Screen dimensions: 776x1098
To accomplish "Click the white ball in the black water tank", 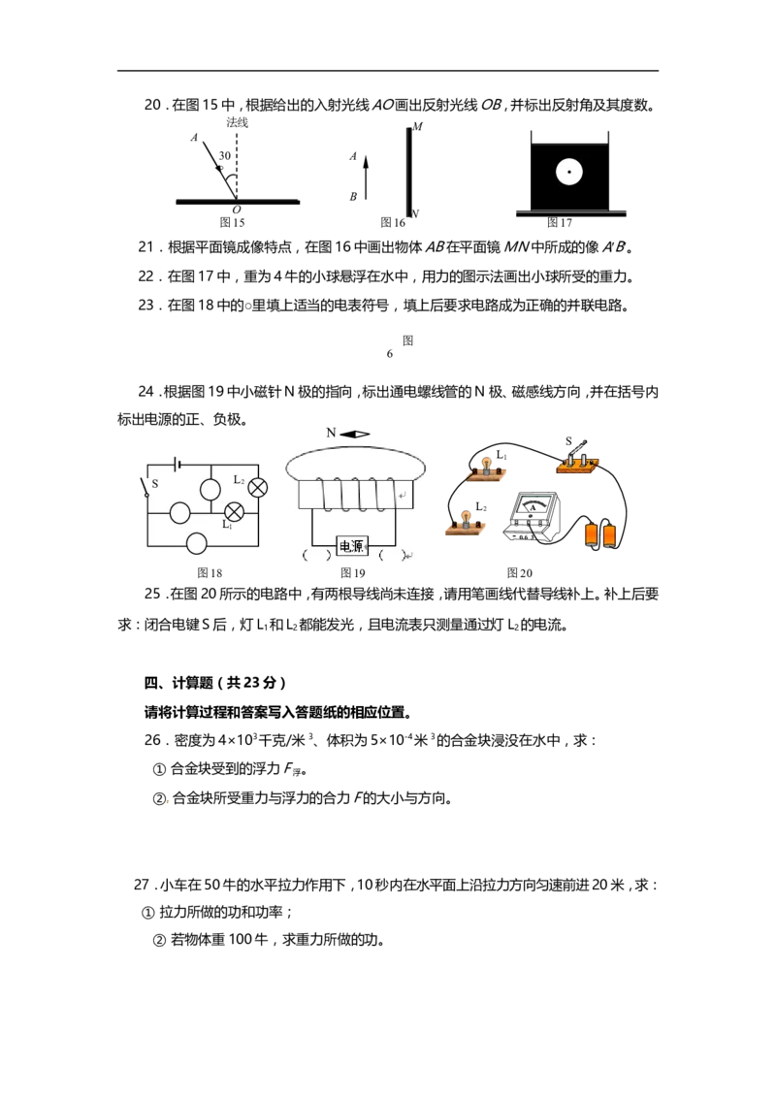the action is (568, 172).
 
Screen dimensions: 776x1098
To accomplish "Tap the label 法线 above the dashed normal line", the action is (237, 123).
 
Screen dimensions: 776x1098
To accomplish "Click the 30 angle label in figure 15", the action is (224, 155).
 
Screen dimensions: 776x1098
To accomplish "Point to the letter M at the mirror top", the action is (417, 127).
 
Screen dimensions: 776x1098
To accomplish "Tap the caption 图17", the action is (559, 223).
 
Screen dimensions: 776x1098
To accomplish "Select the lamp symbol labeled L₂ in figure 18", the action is (258, 488).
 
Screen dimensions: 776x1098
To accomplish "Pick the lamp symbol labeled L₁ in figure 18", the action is (234, 512).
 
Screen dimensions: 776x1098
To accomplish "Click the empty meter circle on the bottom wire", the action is (197, 543).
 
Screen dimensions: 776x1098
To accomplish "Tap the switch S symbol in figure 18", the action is (147, 486).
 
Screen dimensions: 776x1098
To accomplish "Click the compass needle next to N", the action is (355, 435).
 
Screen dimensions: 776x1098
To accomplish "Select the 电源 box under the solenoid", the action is (351, 545).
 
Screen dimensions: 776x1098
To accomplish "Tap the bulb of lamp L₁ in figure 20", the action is (483, 465).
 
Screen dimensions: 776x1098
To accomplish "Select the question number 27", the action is (142, 886).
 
